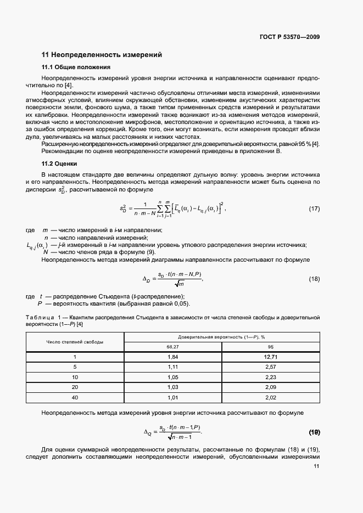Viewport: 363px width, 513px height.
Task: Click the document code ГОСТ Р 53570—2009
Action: click(290, 37)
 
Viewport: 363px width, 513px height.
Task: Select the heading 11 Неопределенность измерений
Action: click(102, 55)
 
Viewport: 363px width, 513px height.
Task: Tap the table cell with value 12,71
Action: click(270, 357)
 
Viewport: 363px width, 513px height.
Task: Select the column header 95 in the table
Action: click(270, 347)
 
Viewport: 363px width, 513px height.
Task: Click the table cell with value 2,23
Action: click(270, 378)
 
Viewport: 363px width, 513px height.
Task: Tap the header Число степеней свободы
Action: click(75, 341)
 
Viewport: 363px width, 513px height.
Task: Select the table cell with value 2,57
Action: click(270, 368)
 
